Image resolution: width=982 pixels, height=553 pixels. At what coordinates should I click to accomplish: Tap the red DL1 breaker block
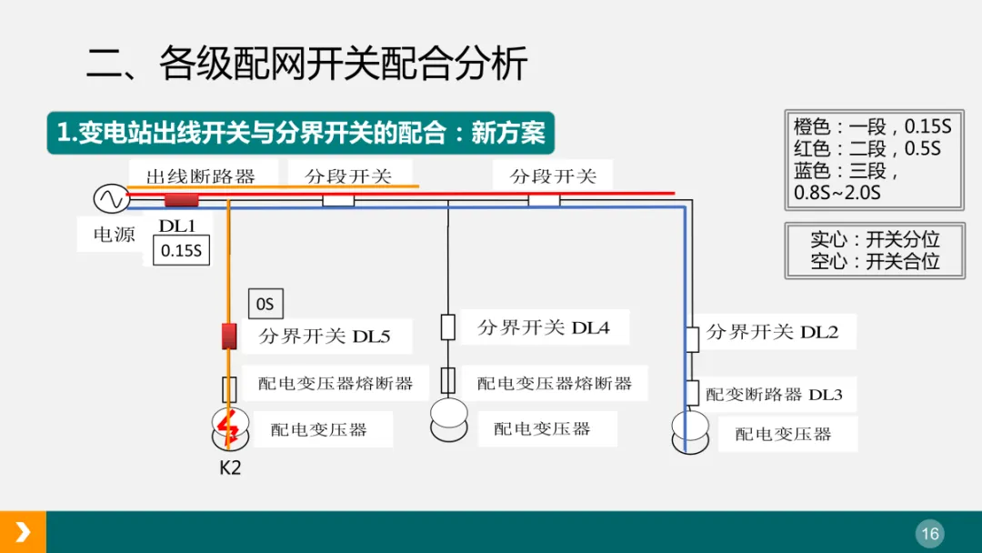pos(181,200)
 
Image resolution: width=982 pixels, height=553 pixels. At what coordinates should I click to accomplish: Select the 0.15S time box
pos(181,250)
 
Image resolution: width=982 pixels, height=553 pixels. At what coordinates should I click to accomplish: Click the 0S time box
pos(266,304)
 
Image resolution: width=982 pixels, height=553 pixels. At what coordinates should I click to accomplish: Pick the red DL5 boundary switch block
pos(229,336)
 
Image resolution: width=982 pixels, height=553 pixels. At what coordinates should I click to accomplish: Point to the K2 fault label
pos(230,468)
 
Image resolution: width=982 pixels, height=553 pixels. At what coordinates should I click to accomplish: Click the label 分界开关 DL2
pos(772,333)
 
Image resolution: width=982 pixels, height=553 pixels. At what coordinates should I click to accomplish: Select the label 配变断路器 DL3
pos(774,395)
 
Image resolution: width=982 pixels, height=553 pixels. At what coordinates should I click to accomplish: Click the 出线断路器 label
pos(201,176)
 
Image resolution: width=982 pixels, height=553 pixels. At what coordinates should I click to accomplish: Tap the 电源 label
pos(115,235)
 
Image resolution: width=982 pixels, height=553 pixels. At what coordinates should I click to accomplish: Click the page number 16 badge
pos(929,533)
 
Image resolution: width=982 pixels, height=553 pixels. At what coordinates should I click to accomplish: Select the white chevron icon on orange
pos(23,532)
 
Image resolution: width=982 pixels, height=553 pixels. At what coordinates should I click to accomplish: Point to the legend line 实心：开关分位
pos(874,240)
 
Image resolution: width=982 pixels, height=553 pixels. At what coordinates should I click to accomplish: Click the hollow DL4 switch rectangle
pos(447,327)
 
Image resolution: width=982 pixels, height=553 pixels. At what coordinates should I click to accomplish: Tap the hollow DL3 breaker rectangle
pos(692,393)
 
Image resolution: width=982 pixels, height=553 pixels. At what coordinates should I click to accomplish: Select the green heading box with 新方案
pos(300,134)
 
